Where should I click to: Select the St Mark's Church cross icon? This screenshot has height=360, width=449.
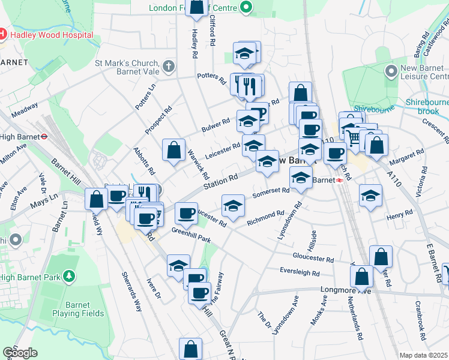[169, 65]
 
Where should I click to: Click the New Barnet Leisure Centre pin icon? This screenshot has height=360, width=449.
[391, 71]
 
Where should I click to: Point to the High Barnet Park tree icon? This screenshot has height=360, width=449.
[70, 277]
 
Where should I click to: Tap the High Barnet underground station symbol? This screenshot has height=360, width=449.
[44, 136]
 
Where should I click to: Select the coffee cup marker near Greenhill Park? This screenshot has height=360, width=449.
[186, 213]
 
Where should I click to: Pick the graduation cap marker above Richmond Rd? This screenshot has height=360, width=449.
[233, 206]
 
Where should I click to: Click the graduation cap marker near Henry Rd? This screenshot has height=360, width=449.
[370, 196]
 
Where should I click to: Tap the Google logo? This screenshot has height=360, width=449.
[20, 353]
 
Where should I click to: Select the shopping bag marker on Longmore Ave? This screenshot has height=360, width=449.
[362, 277]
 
